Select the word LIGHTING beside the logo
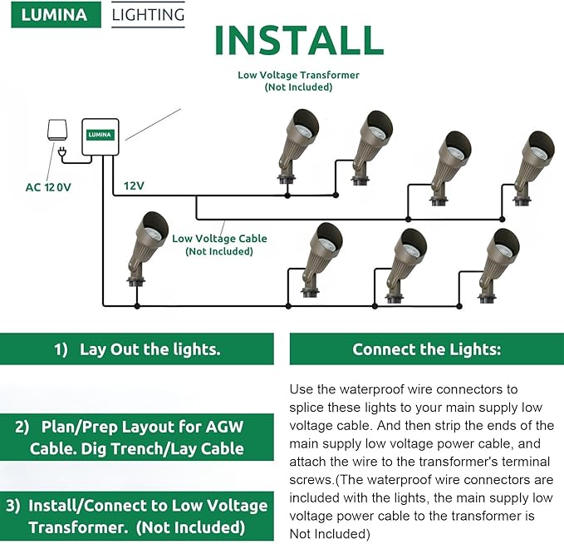point(148,15)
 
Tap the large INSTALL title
point(298,42)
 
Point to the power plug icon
point(64,151)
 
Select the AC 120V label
point(48,187)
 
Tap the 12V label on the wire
point(134,185)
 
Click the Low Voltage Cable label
point(219,239)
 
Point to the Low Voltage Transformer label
point(298,75)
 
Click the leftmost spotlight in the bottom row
point(143,245)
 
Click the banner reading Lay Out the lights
point(137,349)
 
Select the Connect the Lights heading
point(426,349)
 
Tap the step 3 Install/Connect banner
point(137,517)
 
